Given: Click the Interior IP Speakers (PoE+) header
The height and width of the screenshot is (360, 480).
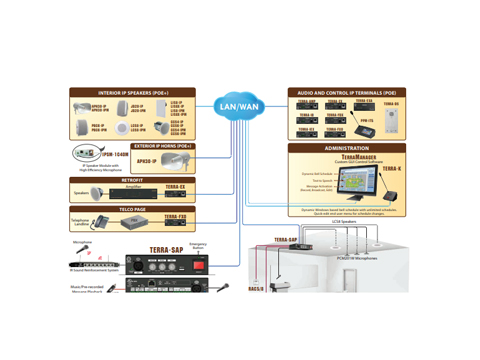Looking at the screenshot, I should [x=124, y=92].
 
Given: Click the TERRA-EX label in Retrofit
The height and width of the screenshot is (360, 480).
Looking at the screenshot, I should [x=175, y=188].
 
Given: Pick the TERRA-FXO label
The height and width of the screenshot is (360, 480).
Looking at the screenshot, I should [x=175, y=217].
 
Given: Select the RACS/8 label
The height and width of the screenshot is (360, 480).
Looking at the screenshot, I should [x=256, y=291].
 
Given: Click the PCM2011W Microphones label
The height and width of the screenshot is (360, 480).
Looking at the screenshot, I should [x=357, y=257].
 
